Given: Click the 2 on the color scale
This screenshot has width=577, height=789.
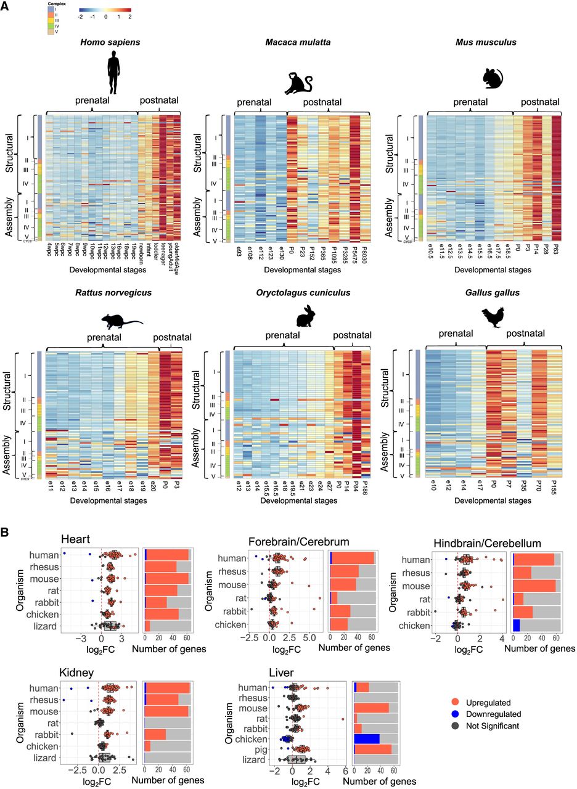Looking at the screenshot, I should pyautogui.click(x=130, y=18).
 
